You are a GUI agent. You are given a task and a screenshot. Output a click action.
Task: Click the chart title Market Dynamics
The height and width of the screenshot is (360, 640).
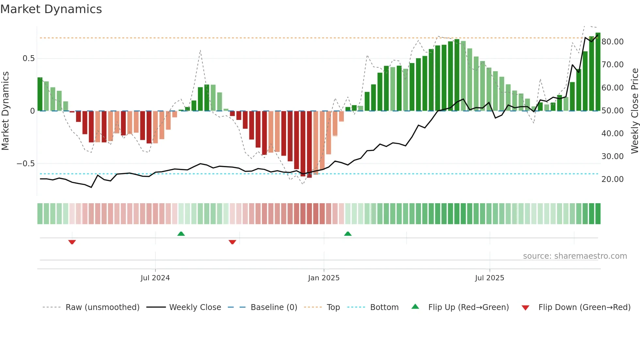[x=51, y=9]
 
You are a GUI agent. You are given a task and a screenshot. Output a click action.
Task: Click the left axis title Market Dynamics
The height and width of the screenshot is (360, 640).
[x=5, y=111]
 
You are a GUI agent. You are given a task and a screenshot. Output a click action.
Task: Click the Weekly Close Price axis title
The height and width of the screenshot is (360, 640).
[x=634, y=111]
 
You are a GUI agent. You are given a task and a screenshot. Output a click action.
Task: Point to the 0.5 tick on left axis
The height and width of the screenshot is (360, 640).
[x=28, y=58]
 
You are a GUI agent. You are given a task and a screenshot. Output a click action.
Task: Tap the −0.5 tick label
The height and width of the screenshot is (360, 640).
[x=26, y=164]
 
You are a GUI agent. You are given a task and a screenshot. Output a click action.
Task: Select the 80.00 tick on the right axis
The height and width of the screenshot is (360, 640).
[x=612, y=42]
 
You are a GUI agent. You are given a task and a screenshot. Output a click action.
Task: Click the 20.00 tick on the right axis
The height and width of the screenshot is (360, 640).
[x=612, y=179]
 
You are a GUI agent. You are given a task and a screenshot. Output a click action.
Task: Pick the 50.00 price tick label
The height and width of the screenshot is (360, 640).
[x=612, y=111]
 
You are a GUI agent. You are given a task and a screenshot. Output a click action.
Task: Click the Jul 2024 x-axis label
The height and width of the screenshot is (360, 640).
[x=155, y=278]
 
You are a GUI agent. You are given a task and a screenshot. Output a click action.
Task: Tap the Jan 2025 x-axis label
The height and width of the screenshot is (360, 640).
[x=324, y=278]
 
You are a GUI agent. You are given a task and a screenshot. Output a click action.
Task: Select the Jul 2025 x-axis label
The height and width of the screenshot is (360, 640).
[x=489, y=278]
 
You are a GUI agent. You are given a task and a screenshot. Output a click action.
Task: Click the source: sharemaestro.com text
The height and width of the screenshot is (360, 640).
[x=575, y=256]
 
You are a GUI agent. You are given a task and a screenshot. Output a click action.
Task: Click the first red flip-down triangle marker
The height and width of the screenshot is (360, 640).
[x=72, y=242]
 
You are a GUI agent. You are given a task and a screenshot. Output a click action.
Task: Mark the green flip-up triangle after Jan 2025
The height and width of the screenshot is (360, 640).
[x=348, y=234]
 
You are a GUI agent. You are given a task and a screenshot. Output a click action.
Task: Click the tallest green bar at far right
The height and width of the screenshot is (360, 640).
[x=598, y=72]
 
